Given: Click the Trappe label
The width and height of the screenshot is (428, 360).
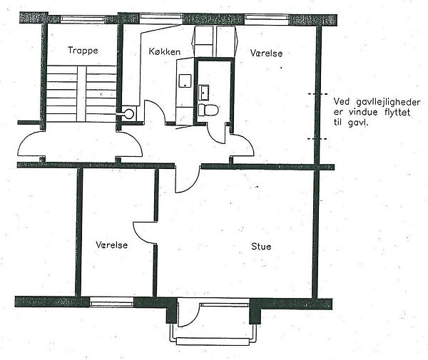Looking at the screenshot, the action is click(x=83, y=51).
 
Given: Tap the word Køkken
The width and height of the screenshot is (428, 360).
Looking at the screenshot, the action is click(x=164, y=51).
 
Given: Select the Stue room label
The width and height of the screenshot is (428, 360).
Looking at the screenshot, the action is click(x=261, y=247).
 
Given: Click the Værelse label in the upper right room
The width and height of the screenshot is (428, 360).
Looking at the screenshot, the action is click(x=266, y=53).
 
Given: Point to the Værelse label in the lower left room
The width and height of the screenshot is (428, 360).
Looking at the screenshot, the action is click(x=112, y=245).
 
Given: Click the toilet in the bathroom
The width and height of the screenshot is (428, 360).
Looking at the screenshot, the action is click(x=208, y=110).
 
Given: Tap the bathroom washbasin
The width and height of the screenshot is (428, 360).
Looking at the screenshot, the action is click(x=204, y=93).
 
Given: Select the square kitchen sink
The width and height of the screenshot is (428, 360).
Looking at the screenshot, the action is click(x=185, y=81).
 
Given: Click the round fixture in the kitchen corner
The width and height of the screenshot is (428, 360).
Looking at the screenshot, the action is click(x=129, y=114).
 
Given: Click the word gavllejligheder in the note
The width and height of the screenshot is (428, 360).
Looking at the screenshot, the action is click(x=388, y=102).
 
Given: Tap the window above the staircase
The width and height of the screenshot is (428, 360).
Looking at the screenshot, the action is click(x=82, y=19).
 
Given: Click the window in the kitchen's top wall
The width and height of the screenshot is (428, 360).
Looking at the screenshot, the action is click(x=160, y=18).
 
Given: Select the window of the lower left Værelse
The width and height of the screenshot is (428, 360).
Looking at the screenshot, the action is click(x=112, y=302).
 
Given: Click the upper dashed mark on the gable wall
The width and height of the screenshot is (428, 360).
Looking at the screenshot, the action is click(x=317, y=94).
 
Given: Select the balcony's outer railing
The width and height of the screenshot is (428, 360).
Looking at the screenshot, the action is click(x=213, y=341).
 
